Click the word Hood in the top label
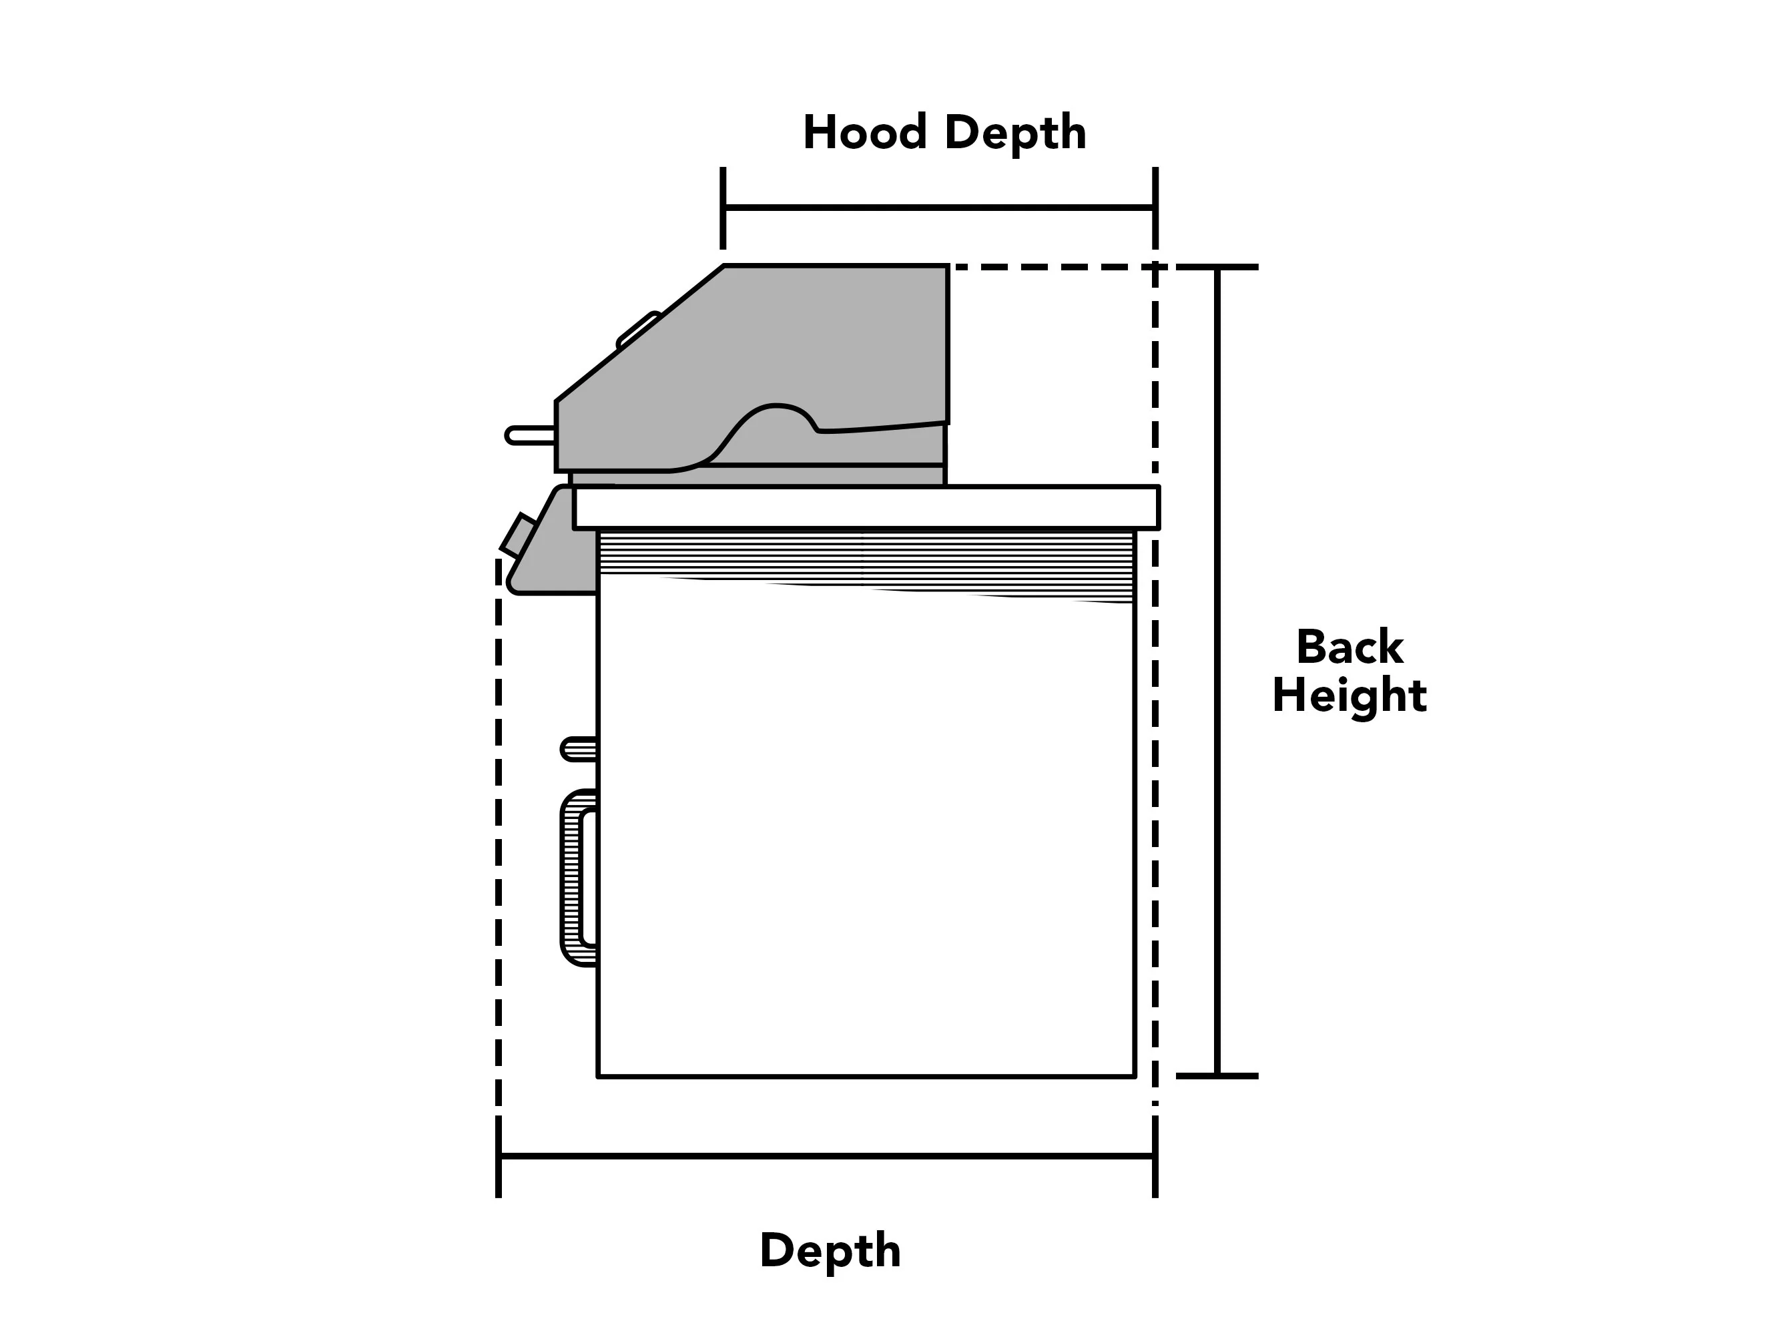tap(865, 132)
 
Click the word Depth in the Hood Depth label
tap(1016, 133)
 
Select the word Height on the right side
tap(1350, 696)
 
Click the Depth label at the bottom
tap(830, 1252)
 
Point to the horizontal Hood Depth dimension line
tap(939, 208)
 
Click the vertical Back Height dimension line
tap(1217, 671)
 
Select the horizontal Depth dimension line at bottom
tap(827, 1156)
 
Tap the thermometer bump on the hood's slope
tap(638, 330)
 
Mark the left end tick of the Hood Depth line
tap(723, 208)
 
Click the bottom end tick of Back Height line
tap(1217, 1075)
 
